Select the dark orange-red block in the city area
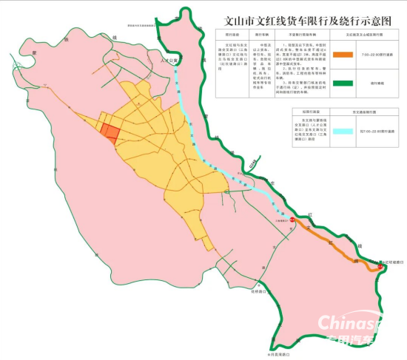[109, 132]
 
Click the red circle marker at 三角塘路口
[292, 220]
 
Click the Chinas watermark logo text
[348, 323]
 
